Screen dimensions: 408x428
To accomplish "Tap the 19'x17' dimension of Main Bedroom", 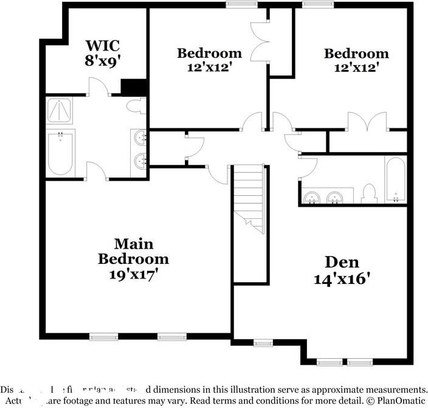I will [x=133, y=274].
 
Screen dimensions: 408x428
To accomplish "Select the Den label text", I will [x=342, y=263].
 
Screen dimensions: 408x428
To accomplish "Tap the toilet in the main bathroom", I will [x=136, y=106].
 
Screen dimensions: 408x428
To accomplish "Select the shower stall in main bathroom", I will [x=60, y=111].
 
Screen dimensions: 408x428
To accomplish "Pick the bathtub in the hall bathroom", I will [x=395, y=179].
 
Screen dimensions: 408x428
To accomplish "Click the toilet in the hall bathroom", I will [x=368, y=193].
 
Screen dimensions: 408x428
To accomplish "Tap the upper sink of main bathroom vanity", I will [x=140, y=138].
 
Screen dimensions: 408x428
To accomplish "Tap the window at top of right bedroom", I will [x=314, y=5].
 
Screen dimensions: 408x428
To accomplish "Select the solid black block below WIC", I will [x=134, y=88].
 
